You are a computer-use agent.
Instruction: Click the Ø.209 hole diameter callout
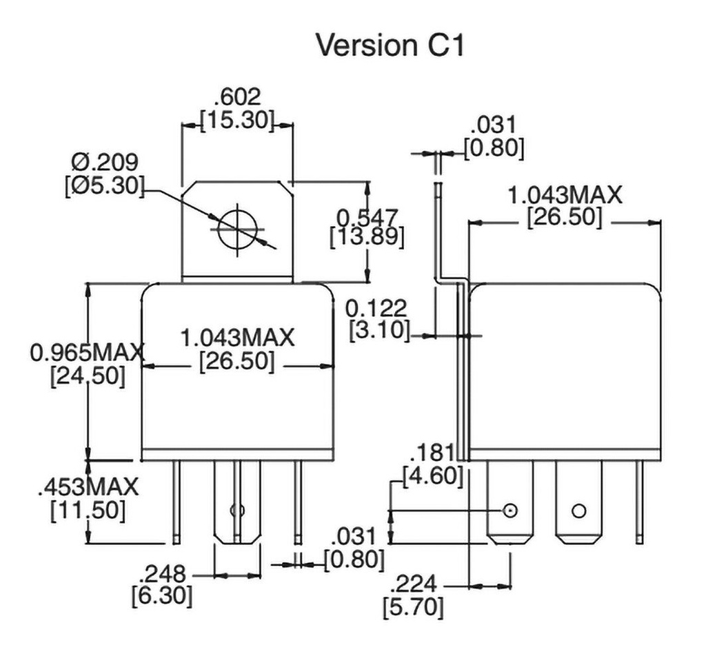click(105, 163)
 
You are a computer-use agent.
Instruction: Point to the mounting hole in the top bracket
click(236, 230)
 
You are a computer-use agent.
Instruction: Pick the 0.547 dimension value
click(367, 217)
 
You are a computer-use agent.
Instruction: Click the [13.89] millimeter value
click(367, 238)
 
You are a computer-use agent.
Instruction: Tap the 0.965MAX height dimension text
click(88, 353)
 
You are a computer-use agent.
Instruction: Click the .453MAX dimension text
click(88, 486)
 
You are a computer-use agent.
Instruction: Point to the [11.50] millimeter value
click(88, 511)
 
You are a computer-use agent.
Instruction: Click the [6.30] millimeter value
click(162, 595)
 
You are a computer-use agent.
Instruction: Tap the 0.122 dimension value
click(377, 308)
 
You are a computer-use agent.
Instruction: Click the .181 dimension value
click(432, 453)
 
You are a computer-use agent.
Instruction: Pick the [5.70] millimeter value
click(413, 608)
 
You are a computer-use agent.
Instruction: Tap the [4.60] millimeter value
click(432, 475)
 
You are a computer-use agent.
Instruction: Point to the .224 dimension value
click(414, 585)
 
